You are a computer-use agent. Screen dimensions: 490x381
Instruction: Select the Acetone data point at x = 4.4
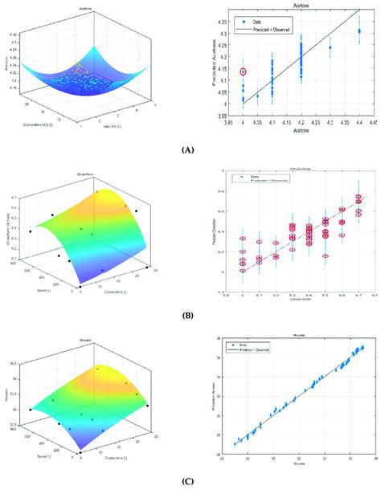[359, 31]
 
